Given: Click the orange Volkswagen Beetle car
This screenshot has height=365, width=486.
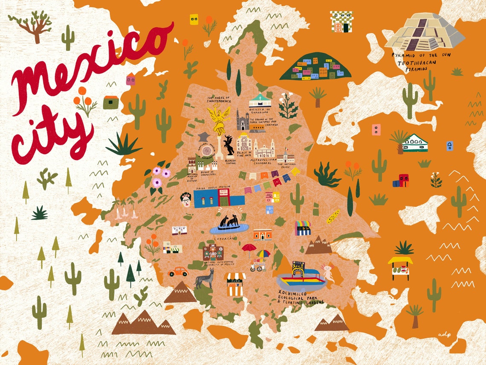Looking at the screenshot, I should tap(178, 272).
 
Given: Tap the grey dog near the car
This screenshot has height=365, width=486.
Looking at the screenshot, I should tap(204, 278).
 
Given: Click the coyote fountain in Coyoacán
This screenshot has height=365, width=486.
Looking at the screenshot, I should tap(229, 223).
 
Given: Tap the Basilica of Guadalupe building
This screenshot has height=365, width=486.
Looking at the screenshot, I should tap(260, 101).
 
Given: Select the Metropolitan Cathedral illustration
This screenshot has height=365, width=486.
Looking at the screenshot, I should tap(265, 149).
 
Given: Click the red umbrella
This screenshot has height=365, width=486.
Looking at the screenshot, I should tap(249, 248).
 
